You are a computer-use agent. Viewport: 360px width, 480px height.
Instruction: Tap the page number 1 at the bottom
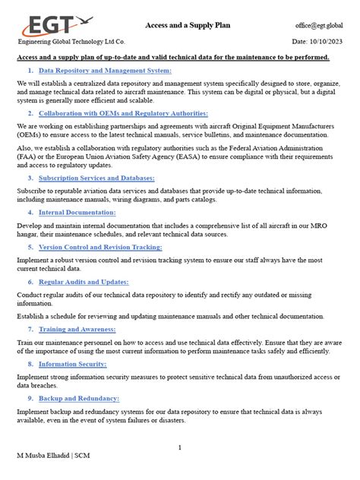180,448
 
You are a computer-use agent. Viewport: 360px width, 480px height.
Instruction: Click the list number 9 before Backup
30,398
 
